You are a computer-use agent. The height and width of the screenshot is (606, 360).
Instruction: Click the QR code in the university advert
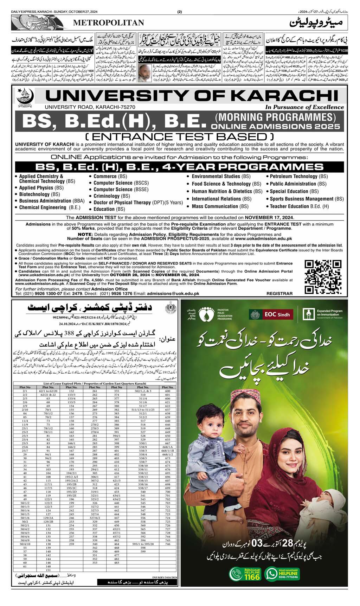click(x=322, y=276)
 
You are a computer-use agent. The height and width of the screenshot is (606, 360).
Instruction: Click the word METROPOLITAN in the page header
click(x=109, y=23)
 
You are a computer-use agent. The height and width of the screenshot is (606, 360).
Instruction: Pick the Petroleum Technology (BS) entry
click(x=298, y=176)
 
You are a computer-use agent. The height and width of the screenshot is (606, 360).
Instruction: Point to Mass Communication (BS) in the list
click(x=220, y=206)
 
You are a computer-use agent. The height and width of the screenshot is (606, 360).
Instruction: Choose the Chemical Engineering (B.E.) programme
click(x=50, y=208)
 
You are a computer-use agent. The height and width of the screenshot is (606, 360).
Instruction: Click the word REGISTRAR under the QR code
click(x=279, y=293)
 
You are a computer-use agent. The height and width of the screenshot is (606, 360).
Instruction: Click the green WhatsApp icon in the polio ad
click(x=271, y=574)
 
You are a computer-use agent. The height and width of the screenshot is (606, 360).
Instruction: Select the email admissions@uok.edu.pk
click(x=173, y=293)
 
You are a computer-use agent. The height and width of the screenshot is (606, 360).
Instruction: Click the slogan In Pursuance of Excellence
click(x=304, y=107)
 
